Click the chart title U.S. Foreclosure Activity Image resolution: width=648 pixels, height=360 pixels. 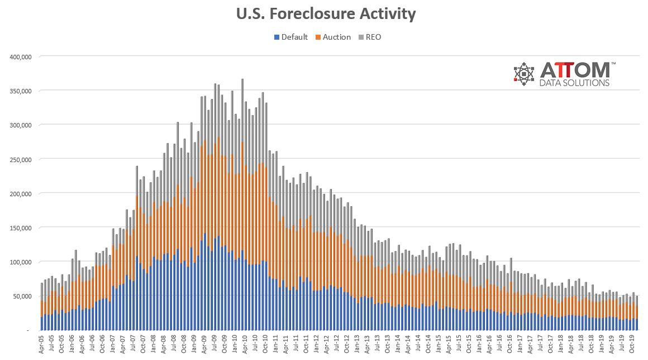click(325, 14)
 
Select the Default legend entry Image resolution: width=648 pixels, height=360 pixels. click(294, 37)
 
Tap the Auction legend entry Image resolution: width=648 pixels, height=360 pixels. click(337, 37)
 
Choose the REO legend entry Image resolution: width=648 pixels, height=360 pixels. click(373, 37)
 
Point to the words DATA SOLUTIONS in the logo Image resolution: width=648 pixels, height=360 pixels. click(575, 83)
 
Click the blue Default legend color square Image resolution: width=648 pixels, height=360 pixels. click(277, 37)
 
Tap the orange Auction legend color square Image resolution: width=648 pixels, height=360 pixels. click(318, 37)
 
